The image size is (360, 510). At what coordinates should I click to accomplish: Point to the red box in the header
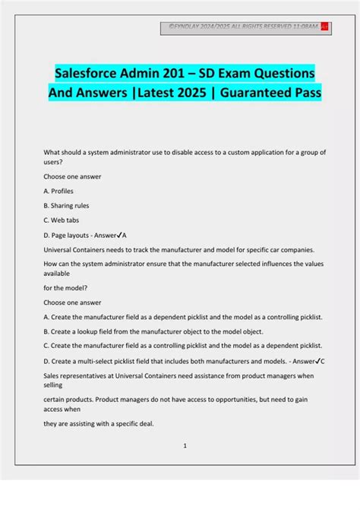[324, 28]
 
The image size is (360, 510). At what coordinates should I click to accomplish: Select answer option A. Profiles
[59, 191]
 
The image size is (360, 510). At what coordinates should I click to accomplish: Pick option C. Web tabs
[62, 220]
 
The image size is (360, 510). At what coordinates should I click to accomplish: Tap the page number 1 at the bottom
[185, 446]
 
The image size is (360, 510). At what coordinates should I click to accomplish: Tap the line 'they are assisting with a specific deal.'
[99, 423]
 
